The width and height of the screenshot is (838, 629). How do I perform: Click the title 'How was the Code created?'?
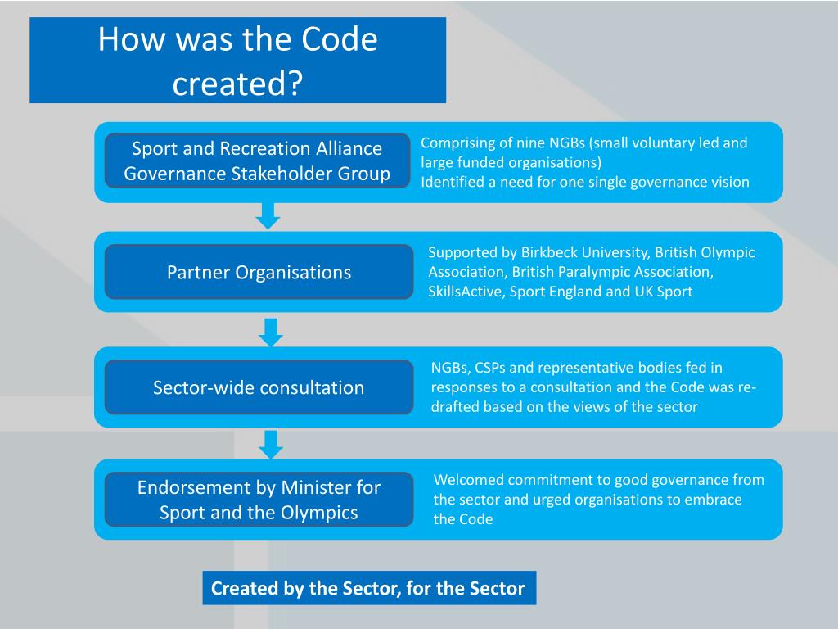(237, 61)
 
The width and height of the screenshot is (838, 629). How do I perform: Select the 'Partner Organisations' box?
(259, 272)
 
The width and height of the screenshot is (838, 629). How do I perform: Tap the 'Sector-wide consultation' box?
(259, 387)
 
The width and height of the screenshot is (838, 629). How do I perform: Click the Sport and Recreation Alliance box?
(257, 161)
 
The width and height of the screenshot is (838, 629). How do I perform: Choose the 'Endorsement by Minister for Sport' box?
(259, 500)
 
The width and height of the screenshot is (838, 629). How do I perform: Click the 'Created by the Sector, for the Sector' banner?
(368, 588)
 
